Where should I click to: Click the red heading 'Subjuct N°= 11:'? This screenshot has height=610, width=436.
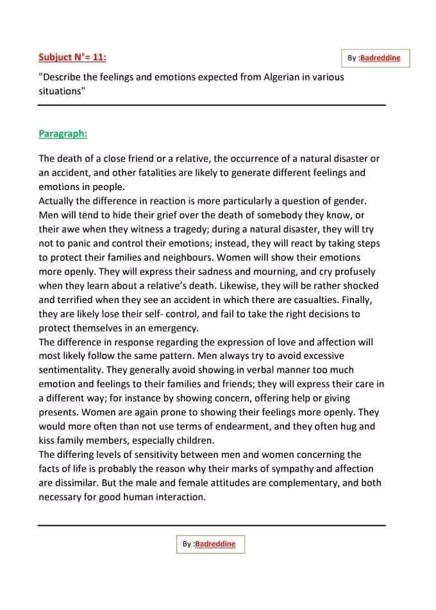(x=72, y=57)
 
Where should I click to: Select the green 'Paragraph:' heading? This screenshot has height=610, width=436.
(x=63, y=134)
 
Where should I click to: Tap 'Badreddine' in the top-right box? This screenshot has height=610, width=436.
(x=380, y=58)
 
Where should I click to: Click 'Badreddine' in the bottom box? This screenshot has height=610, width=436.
(x=215, y=544)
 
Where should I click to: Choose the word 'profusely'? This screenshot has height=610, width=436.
(x=351, y=272)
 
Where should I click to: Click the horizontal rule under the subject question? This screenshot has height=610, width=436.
(x=212, y=105)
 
